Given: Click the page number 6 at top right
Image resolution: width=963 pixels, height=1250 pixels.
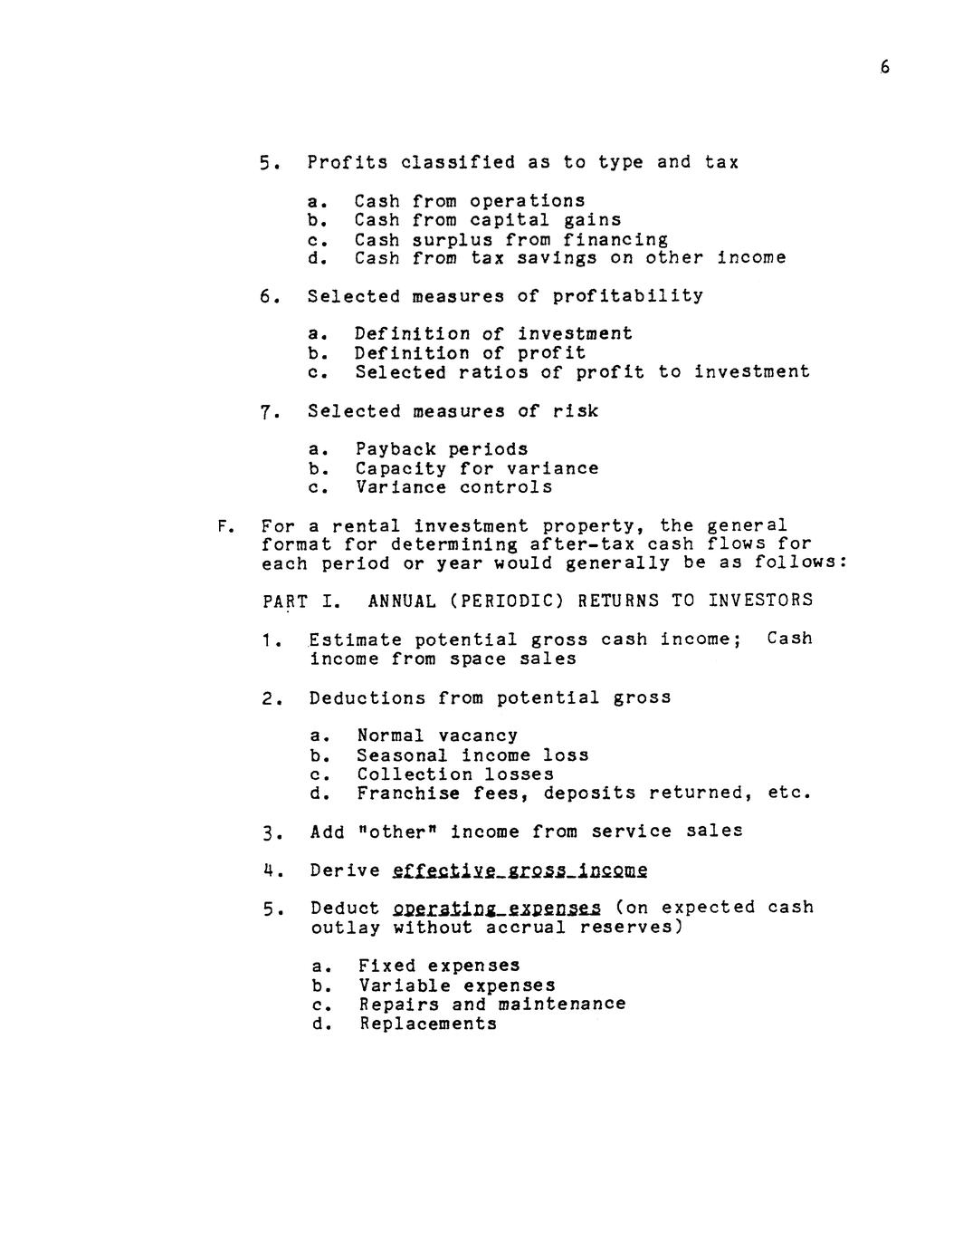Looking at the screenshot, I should tap(884, 67).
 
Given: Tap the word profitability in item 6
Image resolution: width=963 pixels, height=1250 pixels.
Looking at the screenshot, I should tap(627, 296).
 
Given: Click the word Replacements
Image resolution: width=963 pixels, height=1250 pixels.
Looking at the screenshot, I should tap(427, 1024).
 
